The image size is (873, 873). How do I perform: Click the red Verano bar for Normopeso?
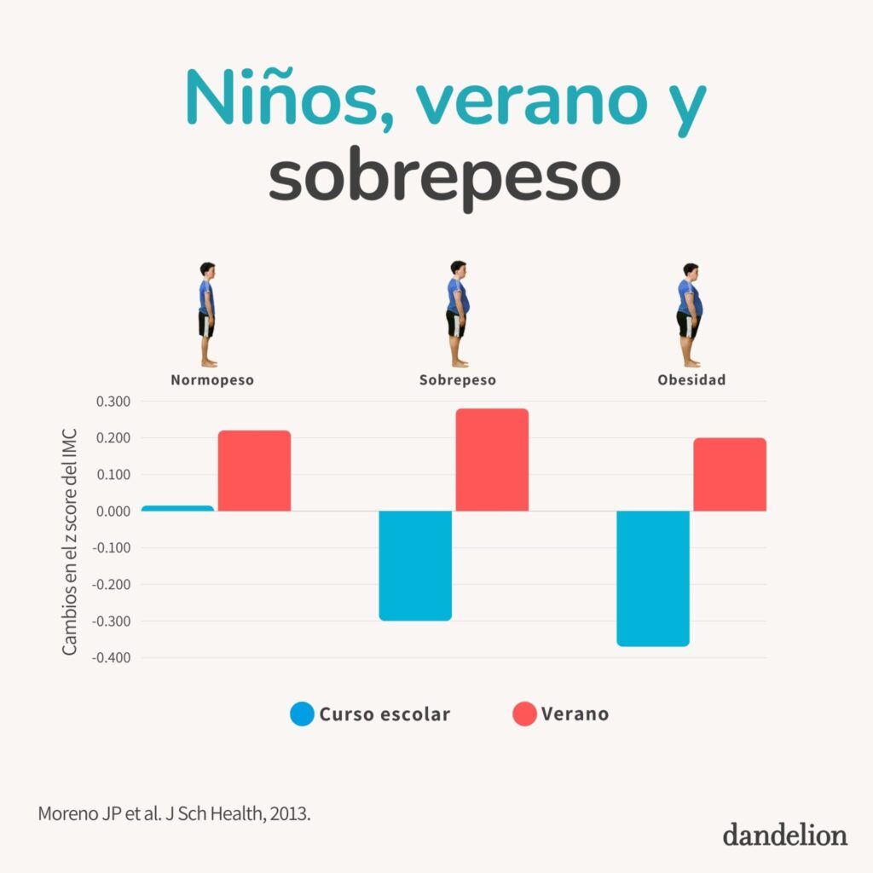(x=254, y=471)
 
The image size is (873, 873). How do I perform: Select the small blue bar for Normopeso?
(x=177, y=508)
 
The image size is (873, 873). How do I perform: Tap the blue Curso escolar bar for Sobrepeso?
(x=415, y=565)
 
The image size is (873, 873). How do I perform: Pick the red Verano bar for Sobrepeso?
(x=492, y=460)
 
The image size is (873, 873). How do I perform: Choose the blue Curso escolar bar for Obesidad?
(x=653, y=578)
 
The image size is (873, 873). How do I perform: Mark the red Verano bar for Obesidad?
(x=730, y=475)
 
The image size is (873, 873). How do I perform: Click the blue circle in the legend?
(x=303, y=714)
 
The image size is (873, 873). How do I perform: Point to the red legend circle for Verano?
(x=524, y=714)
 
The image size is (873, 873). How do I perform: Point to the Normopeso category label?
(x=211, y=380)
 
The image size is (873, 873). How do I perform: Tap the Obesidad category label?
(x=691, y=380)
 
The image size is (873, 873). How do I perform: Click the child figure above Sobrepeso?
(x=457, y=314)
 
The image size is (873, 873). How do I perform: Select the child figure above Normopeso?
(x=206, y=314)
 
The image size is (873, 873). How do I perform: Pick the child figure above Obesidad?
(x=689, y=314)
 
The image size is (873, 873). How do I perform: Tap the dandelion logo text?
(x=785, y=835)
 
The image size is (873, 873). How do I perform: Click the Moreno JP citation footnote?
(x=175, y=813)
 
